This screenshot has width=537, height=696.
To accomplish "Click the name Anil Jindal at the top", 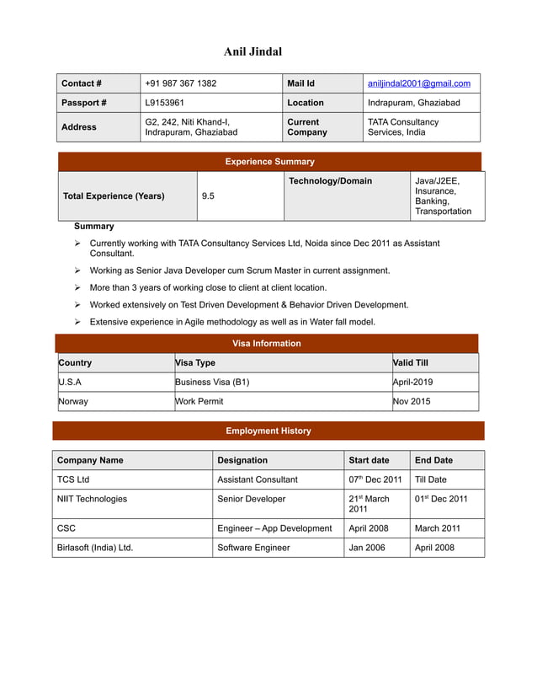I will click(253, 52).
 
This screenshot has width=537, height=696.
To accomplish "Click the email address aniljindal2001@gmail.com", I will click(418, 83).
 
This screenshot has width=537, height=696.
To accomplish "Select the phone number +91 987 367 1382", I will click(180, 83).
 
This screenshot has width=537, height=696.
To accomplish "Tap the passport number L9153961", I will click(165, 103).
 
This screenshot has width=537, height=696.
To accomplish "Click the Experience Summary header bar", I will click(269, 162).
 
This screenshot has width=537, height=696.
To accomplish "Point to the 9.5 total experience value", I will click(208, 195).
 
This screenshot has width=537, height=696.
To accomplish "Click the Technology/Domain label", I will click(330, 181).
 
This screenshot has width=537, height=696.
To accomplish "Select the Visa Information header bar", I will click(266, 344).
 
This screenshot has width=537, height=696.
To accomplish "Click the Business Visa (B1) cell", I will click(212, 382).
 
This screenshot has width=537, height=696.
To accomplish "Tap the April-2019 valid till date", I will click(412, 382).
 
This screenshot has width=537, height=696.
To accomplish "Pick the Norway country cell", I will click(73, 401).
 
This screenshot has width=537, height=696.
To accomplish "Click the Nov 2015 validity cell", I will click(412, 401).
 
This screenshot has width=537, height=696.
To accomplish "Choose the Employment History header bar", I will click(268, 431).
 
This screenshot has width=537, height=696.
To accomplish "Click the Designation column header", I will click(242, 460).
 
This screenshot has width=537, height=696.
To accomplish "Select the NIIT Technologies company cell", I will click(92, 499).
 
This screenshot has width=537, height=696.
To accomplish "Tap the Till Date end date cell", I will click(430, 479).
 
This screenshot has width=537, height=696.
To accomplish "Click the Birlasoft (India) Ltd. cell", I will click(95, 548).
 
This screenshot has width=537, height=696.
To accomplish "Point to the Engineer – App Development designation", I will click(274, 528).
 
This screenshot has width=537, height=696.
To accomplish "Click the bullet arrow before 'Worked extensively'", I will click(77, 305).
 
